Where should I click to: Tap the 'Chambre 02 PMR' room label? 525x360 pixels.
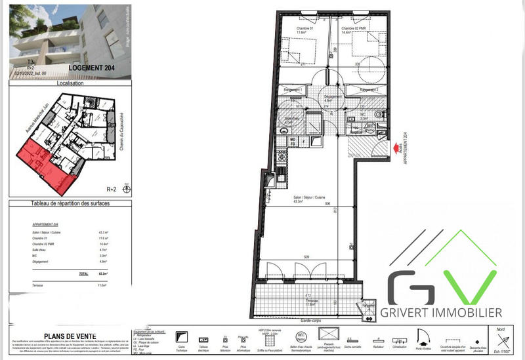354,29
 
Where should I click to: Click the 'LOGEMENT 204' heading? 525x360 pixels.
95,68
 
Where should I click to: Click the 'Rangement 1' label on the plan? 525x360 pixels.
293,89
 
